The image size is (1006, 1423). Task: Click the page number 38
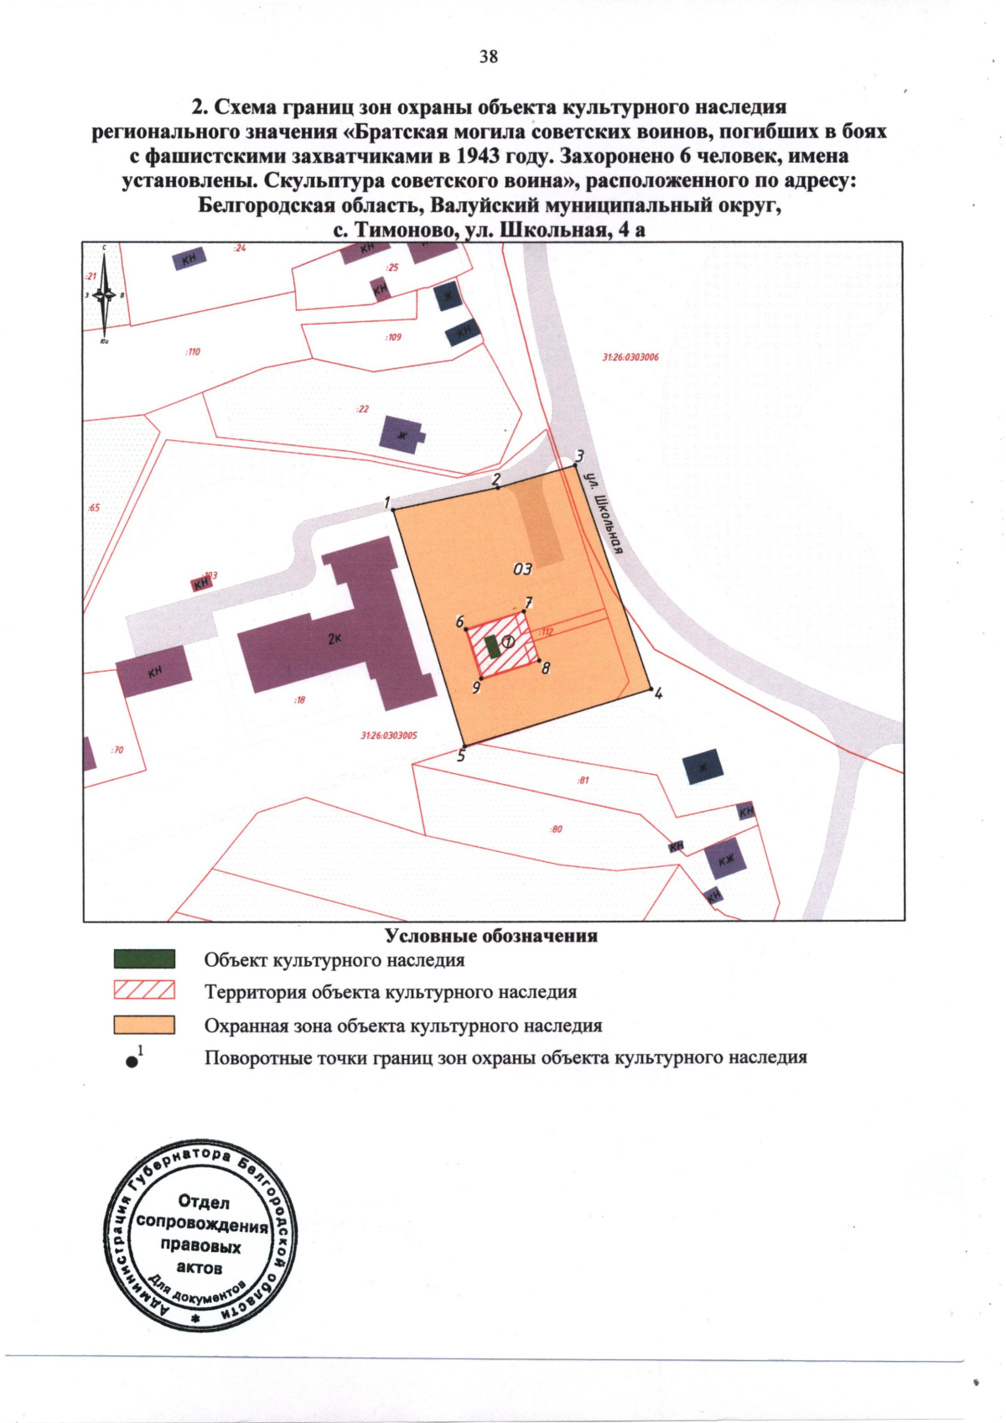point(489,56)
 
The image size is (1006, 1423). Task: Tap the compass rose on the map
point(104,295)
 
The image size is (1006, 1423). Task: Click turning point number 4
point(652,689)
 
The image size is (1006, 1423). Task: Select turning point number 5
point(464,745)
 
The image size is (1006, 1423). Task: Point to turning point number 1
point(394,509)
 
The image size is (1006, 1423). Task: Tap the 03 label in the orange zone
point(522,569)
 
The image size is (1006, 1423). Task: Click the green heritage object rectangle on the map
point(492,647)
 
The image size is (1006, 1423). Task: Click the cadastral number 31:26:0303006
point(630,357)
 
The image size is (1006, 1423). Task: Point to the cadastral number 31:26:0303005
point(389,735)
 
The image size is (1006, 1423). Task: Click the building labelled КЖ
point(725,859)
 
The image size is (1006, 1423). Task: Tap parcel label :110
point(193,351)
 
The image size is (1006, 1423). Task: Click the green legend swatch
point(144,959)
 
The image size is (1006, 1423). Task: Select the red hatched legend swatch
point(144,990)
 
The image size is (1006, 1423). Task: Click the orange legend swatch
point(144,1025)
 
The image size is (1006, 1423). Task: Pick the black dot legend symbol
point(132,1062)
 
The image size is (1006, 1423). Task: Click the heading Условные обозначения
point(491,936)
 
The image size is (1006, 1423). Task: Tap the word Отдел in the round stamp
point(204,1202)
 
